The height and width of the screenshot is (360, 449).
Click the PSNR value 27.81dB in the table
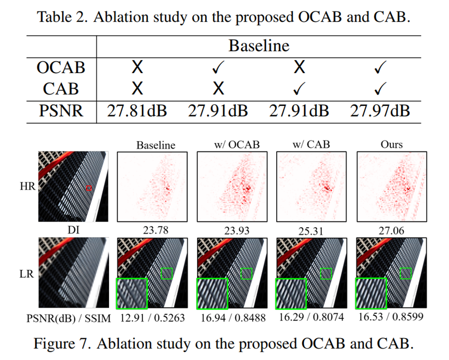pyautogui.click(x=137, y=110)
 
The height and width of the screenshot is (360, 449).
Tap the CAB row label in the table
pyautogui.click(x=61, y=88)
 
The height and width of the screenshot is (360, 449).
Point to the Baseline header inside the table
pyautogui.click(x=258, y=46)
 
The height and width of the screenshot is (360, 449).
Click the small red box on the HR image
pyautogui.click(x=89, y=188)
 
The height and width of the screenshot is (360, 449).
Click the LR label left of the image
pyautogui.click(x=26, y=273)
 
